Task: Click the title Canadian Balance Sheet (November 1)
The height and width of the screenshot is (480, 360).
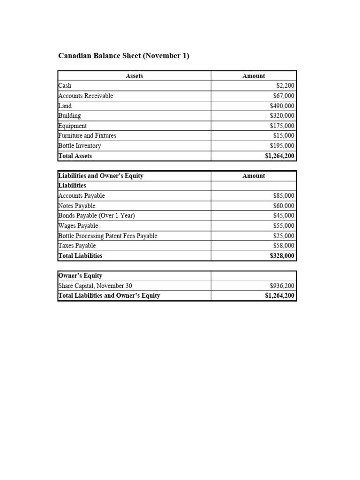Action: pyautogui.click(x=124, y=56)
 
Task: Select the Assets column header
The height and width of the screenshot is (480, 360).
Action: pyautogui.click(x=135, y=76)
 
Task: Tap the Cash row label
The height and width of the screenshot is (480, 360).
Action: pyautogui.click(x=65, y=86)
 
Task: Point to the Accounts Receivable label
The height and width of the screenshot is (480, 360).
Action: pyautogui.click(x=85, y=96)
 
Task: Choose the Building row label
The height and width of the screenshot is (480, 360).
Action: pyautogui.click(x=69, y=116)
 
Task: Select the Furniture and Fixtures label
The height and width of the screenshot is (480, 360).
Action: pyautogui.click(x=87, y=135)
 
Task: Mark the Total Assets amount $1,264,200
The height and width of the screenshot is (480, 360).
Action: pyautogui.click(x=280, y=156)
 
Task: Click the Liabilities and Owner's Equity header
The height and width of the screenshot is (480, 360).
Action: pyautogui.click(x=101, y=176)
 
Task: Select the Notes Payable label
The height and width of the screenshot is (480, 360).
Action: pyautogui.click(x=76, y=206)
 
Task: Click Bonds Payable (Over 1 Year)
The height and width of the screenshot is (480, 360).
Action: pyautogui.click(x=97, y=216)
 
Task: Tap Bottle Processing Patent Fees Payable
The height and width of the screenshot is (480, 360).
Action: pyautogui.click(x=107, y=236)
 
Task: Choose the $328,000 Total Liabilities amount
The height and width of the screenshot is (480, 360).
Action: pyautogui.click(x=282, y=256)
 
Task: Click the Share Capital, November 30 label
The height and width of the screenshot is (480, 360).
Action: pyautogui.click(x=92, y=285)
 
